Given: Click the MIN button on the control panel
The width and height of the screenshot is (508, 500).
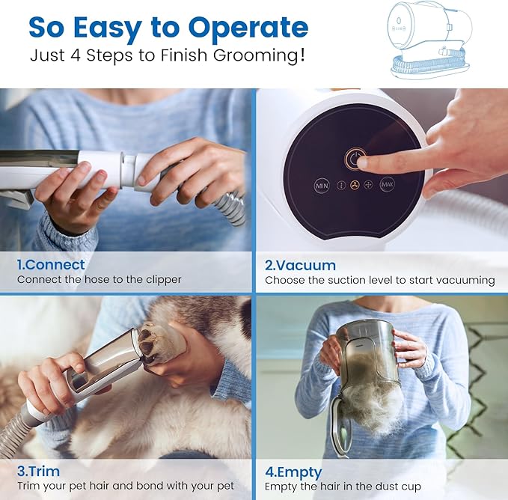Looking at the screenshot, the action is pyautogui.click(x=322, y=186).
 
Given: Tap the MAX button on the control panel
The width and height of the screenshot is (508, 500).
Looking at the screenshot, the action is pyautogui.click(x=387, y=185).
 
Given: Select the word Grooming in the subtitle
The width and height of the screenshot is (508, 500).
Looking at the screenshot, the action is pyautogui.click(x=259, y=55).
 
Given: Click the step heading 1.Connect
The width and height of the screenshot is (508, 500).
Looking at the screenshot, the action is pyautogui.click(x=51, y=265).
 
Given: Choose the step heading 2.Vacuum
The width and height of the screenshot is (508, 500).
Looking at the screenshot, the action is pyautogui.click(x=300, y=266).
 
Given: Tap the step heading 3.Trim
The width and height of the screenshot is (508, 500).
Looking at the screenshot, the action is pyautogui.click(x=39, y=471).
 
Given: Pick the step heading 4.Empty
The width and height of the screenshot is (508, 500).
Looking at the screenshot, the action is pyautogui.click(x=293, y=472).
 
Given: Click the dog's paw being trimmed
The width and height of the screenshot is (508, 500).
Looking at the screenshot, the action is pyautogui.click(x=159, y=343).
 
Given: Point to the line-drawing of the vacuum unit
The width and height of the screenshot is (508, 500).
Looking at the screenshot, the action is pyautogui.click(x=430, y=39).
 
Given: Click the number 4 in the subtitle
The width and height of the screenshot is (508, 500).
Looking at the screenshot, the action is pyautogui.click(x=75, y=55).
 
